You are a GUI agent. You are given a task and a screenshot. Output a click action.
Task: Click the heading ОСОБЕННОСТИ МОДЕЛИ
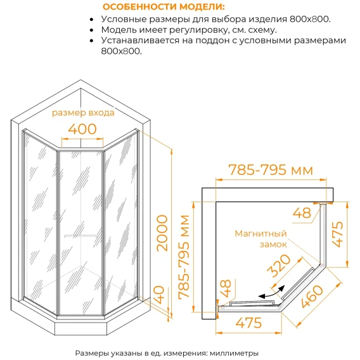pyautogui.click(x=164, y=7)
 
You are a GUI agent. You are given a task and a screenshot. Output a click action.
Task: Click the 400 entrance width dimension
pyautogui.click(x=82, y=129)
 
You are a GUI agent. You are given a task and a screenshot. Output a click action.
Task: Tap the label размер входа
pyautogui.click(x=83, y=113)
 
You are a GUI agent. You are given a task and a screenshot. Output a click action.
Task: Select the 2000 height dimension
pyautogui.click(x=162, y=233)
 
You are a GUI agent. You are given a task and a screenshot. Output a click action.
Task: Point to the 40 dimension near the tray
pyautogui.click(x=160, y=295)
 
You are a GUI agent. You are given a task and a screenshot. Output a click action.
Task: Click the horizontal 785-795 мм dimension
pyautogui.click(x=271, y=170)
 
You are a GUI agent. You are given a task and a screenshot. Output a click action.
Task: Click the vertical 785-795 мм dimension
pyautogui.click(x=184, y=257)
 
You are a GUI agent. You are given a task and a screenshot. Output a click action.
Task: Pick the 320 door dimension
pyautogui.click(x=279, y=266)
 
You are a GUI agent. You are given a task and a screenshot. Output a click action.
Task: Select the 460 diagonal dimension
pyautogui.click(x=312, y=297)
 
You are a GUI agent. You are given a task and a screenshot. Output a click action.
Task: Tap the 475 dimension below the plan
pyautogui.click(x=248, y=323)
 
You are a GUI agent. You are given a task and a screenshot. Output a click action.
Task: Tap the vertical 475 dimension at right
pyautogui.click(x=337, y=234)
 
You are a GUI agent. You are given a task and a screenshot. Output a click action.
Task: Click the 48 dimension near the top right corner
pyautogui.click(x=302, y=213)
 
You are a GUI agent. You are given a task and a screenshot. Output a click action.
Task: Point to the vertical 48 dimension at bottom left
pyautogui.click(x=226, y=288)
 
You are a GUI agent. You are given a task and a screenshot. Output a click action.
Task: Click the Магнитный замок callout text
pyautogui.click(x=261, y=239)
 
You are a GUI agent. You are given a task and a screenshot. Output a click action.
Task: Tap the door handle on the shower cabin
pyautogui.click(x=80, y=236)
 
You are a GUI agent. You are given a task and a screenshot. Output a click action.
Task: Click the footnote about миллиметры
pyautogui.click(x=167, y=353)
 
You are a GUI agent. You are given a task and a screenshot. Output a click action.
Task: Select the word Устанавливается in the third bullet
pyautogui.click(x=140, y=41)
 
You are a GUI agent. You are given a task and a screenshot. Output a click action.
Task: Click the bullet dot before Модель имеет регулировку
pyautogui.click(x=92, y=30)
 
